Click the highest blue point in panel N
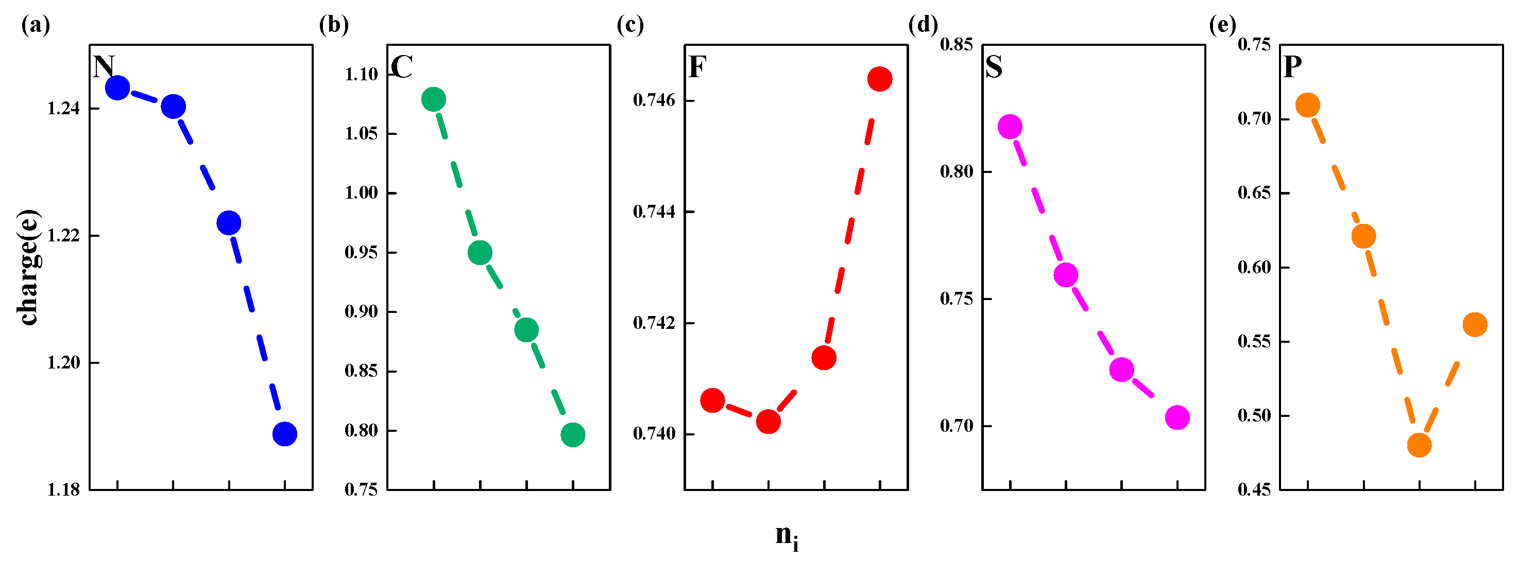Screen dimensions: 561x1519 117,89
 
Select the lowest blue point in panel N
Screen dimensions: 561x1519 285,434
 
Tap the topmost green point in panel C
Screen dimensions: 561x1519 433,99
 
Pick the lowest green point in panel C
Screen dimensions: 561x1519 573,435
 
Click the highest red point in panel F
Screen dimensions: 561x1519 879,79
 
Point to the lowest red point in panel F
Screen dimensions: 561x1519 768,422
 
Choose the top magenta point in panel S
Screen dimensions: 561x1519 1010,127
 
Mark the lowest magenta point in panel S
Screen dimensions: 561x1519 1177,418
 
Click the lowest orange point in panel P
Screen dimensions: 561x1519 1419,445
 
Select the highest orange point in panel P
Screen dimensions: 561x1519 1307,106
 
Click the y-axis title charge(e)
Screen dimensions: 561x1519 28,267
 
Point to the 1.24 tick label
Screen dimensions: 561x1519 63,109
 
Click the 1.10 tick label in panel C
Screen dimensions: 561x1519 361,75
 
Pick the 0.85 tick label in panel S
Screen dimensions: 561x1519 956,45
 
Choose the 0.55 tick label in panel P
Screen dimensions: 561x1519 1254,342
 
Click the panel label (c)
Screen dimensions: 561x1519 630,25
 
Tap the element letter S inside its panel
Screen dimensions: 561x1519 994,67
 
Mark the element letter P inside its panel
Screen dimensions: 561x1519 1292,67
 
